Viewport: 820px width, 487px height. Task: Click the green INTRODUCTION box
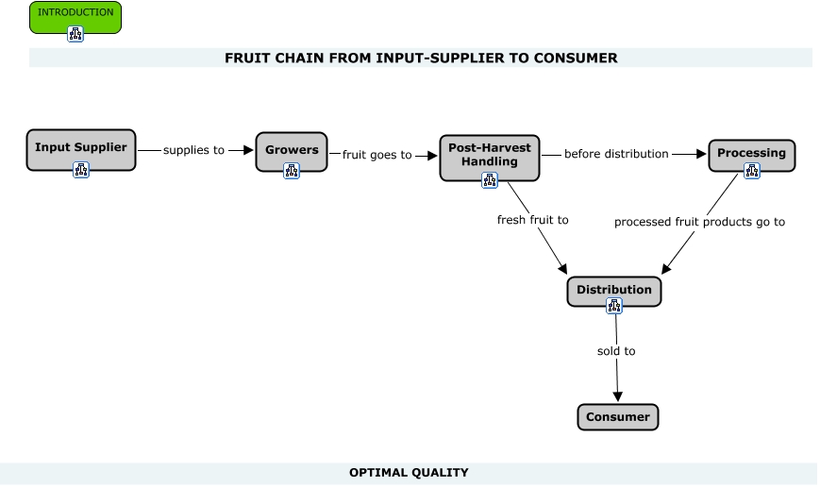point(75,13)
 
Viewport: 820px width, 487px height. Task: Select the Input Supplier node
point(81,148)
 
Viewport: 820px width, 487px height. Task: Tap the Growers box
point(291,149)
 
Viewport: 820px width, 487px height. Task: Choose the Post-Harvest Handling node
point(489,155)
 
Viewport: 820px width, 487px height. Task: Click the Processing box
point(751,153)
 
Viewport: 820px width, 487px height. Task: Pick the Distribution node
point(614,290)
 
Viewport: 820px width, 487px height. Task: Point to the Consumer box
point(617,417)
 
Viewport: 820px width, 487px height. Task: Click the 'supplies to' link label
point(194,150)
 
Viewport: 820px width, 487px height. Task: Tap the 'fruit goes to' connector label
point(377,155)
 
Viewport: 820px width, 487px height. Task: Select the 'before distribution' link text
point(616,153)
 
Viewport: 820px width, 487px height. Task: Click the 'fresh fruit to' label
point(533,221)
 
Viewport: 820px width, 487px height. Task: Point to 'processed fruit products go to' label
point(699,222)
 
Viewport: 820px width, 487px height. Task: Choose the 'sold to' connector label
point(616,351)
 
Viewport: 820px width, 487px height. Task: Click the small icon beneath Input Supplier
point(81,170)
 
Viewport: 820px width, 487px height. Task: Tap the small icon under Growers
point(291,170)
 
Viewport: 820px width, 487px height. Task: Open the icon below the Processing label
point(751,171)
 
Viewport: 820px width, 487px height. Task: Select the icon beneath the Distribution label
point(614,306)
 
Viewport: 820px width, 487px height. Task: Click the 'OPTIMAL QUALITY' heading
point(409,472)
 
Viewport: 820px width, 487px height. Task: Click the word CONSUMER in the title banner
point(577,58)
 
